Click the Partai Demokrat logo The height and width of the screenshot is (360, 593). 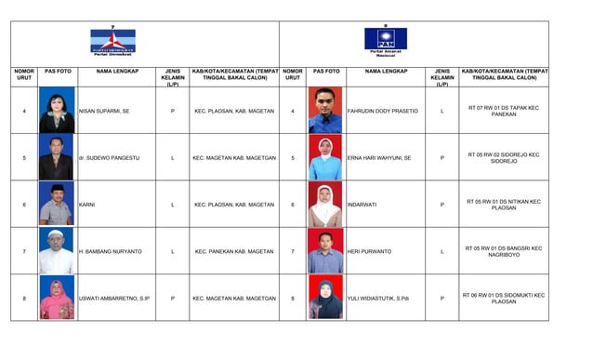[112, 41]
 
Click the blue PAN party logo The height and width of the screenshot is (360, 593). [385, 40]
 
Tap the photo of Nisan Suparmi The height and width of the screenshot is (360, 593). [57, 111]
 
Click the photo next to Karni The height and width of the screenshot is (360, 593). [57, 205]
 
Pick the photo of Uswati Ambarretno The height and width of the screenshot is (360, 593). [57, 299]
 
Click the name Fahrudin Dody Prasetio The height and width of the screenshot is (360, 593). [382, 111]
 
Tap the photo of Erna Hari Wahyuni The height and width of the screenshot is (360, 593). [325, 158]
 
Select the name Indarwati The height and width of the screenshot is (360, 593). [365, 205]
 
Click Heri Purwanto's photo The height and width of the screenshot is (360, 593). [325, 251]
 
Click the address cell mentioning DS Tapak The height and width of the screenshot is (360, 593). [503, 111]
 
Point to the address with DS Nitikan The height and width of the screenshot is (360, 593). [503, 205]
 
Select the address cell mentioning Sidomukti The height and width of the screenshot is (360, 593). [503, 299]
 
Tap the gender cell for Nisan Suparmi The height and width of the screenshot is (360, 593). [172, 111]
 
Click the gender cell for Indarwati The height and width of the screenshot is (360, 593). [441, 205]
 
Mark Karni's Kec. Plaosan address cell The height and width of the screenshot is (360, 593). [234, 205]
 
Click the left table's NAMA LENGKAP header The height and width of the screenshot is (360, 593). [117, 71]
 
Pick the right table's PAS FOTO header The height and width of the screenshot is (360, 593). [325, 71]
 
